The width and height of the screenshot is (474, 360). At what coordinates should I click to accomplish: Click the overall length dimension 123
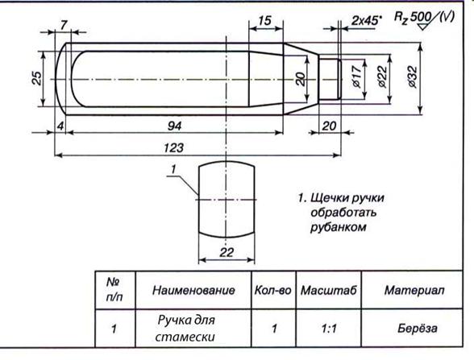(x=174, y=148)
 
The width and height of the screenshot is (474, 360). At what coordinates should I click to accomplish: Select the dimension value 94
(x=174, y=126)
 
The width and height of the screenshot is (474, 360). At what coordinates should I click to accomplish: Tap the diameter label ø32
(x=413, y=77)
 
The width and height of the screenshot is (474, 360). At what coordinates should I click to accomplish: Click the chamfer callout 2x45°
(x=366, y=21)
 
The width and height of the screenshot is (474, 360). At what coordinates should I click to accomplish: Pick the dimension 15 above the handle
(x=264, y=21)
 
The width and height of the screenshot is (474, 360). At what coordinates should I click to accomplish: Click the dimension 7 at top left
(x=63, y=25)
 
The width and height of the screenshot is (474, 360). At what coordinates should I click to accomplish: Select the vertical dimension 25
(x=37, y=78)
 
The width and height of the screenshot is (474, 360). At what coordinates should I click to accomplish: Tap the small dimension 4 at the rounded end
(x=60, y=126)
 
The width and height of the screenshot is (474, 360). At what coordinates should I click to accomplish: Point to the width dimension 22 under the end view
(x=227, y=252)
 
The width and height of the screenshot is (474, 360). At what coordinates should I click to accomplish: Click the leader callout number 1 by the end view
(x=173, y=169)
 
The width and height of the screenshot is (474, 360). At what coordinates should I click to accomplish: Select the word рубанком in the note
(x=339, y=227)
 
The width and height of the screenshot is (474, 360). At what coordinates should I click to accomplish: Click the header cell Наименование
(x=193, y=290)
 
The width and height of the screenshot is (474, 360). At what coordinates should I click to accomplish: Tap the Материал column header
(x=414, y=290)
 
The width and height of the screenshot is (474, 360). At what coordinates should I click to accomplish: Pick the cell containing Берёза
(x=418, y=328)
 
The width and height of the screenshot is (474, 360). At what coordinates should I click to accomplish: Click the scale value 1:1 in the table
(x=329, y=329)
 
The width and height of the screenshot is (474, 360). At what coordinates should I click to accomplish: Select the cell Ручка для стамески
(x=185, y=329)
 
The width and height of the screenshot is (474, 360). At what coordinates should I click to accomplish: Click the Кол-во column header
(x=273, y=290)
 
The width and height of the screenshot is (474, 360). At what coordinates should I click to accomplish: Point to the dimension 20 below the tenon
(x=329, y=126)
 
